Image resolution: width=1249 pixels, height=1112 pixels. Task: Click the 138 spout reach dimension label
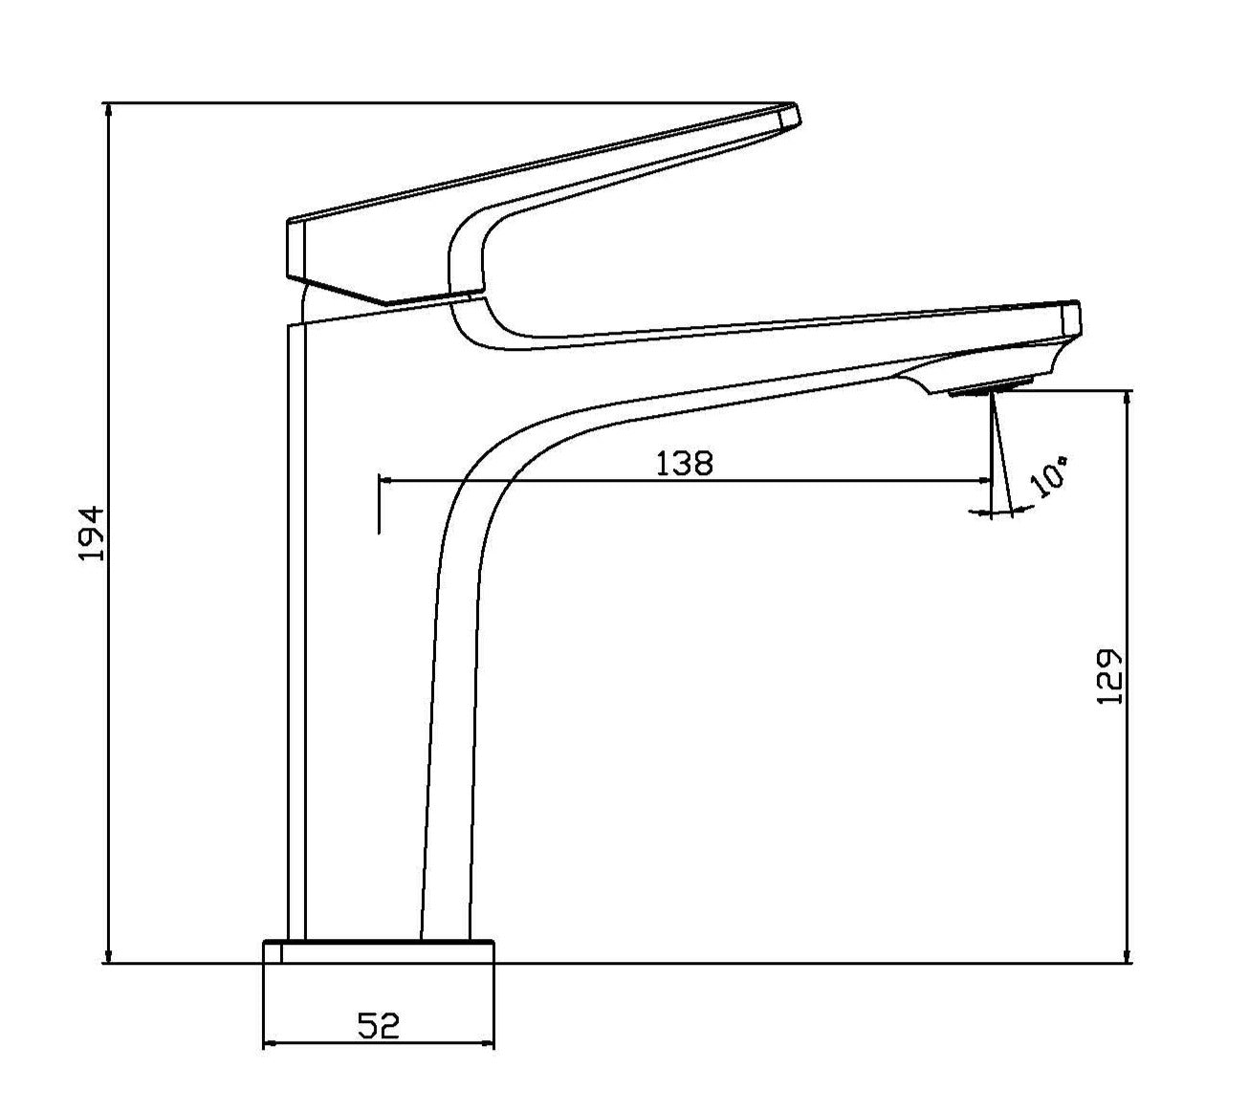click(684, 463)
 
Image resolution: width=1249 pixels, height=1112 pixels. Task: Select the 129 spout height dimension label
click(1108, 677)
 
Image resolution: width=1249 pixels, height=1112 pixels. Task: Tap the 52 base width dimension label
click(379, 1026)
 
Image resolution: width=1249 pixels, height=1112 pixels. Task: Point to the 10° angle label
click(1049, 476)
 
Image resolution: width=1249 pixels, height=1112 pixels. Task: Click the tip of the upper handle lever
click(790, 115)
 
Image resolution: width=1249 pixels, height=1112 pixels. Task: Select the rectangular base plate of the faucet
click(379, 951)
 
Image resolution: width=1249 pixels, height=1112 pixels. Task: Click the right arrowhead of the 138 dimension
click(985, 480)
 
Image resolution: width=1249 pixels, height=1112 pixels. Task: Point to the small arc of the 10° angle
click(1000, 513)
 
